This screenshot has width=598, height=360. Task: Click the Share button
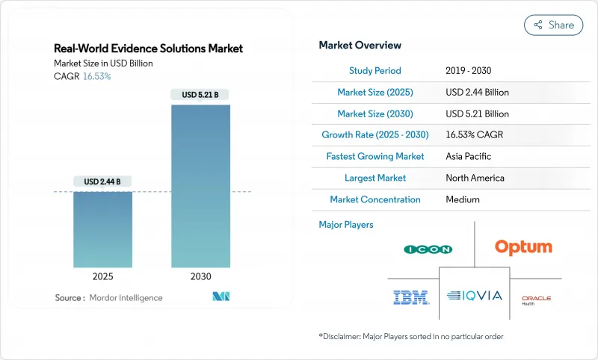pos(553,25)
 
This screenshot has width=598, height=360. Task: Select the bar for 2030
pos(200,186)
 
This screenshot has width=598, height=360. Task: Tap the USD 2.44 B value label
pos(102,181)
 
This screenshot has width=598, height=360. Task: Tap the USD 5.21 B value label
pos(200,95)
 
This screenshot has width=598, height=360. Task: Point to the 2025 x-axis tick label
pos(102,276)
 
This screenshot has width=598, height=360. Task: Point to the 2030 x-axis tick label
pos(200,276)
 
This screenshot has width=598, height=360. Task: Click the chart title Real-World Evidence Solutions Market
pos(148,49)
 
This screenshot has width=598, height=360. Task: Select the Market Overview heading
pos(360,45)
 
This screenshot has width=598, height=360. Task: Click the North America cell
pos(475,179)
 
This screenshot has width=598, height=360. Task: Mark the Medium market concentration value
pos(463,200)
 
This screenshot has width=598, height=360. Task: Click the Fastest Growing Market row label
pos(375,157)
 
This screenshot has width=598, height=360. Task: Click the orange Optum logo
pos(523,247)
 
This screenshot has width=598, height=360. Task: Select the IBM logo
pos(411,297)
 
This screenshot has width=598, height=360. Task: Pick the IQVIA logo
pos(475,296)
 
